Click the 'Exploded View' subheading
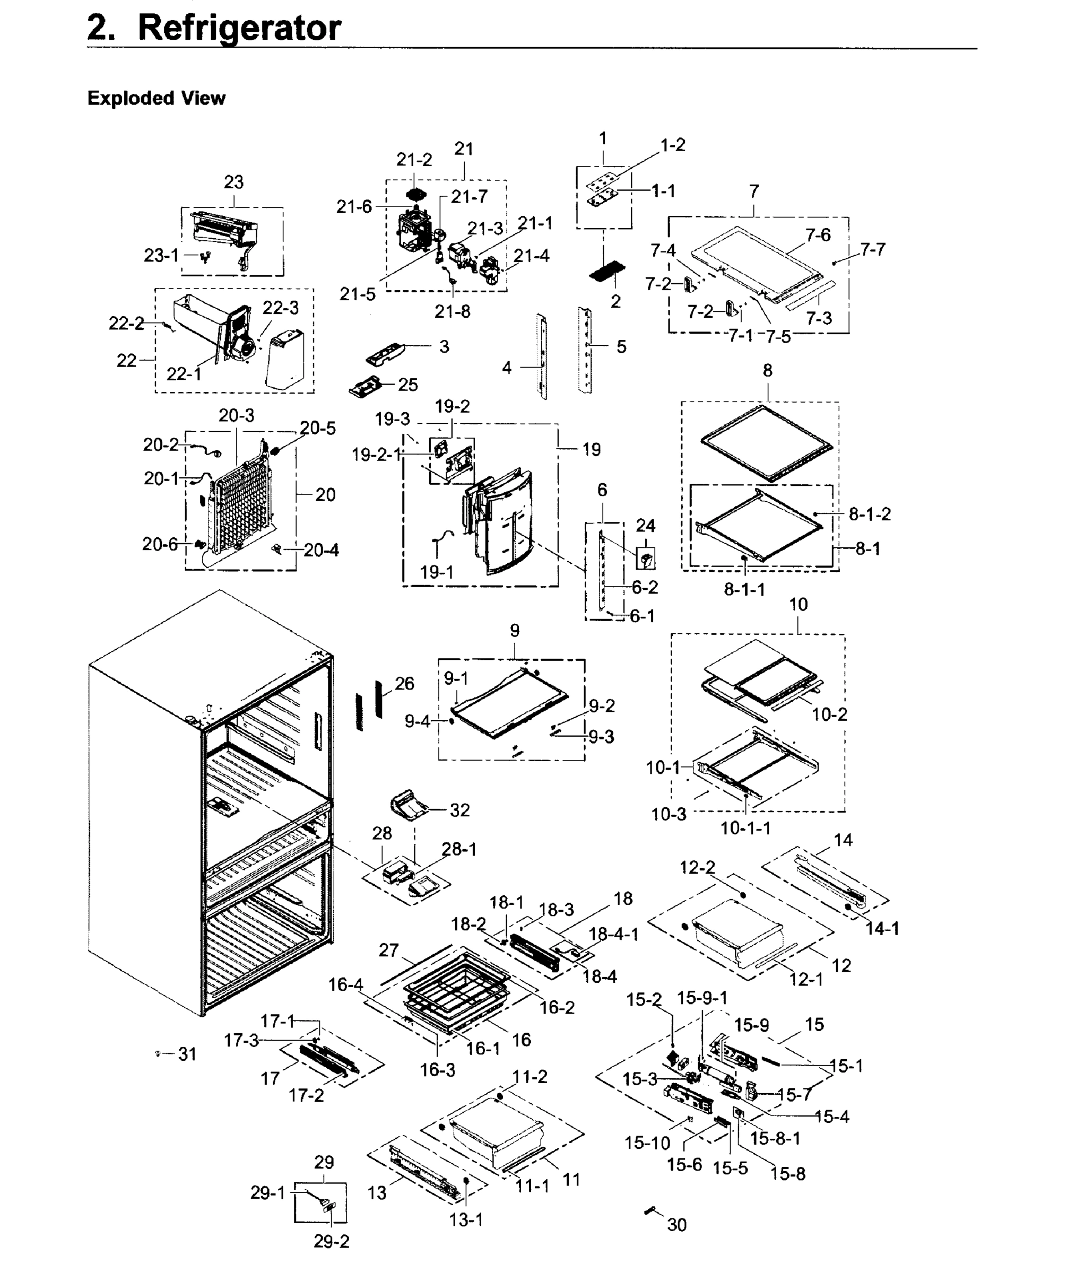[156, 98]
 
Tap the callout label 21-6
[354, 207]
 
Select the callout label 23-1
[161, 256]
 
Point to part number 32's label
[459, 810]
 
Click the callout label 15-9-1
[702, 997]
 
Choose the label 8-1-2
[870, 514]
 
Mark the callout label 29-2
[331, 1242]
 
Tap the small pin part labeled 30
[652, 1210]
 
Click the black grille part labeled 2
[607, 271]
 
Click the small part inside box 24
[646, 559]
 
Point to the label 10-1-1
[745, 828]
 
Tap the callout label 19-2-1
[376, 455]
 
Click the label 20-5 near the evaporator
[317, 428]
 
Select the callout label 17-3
[241, 1041]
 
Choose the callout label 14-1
[882, 928]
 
